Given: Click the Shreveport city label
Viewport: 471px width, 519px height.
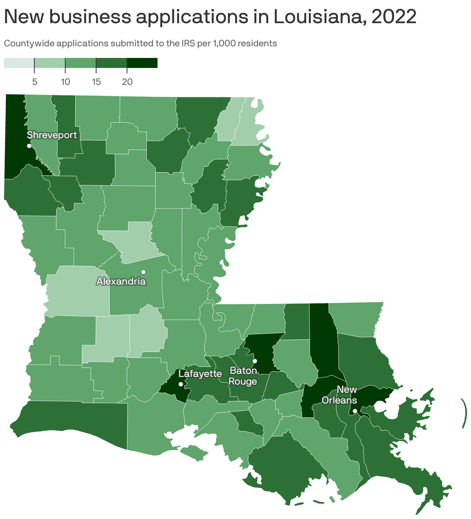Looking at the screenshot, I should [52, 135].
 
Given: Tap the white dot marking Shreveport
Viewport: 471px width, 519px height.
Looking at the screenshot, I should [29, 146].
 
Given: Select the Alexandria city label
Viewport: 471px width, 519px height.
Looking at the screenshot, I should [121, 282].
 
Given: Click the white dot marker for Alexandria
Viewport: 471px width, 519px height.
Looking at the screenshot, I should [143, 272].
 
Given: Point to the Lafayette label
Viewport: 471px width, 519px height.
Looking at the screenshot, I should [200, 374].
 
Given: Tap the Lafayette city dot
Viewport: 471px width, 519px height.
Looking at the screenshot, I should [181, 384].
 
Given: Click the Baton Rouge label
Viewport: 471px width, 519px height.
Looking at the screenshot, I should [243, 376].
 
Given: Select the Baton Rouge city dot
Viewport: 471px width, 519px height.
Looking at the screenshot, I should [255, 361].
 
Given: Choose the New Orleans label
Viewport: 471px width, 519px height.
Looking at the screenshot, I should [339, 395].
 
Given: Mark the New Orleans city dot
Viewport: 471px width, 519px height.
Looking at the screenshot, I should [355, 411].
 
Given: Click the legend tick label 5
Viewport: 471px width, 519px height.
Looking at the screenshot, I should [35, 82].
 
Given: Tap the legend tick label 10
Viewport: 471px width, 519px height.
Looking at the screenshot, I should [65, 82].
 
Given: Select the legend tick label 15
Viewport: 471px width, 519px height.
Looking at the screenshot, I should [96, 82].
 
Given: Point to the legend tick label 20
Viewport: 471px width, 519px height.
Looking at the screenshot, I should [127, 82].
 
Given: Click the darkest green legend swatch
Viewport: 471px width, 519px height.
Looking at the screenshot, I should [142, 63].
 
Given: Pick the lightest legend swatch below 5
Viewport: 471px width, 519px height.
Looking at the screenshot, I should [19, 63].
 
